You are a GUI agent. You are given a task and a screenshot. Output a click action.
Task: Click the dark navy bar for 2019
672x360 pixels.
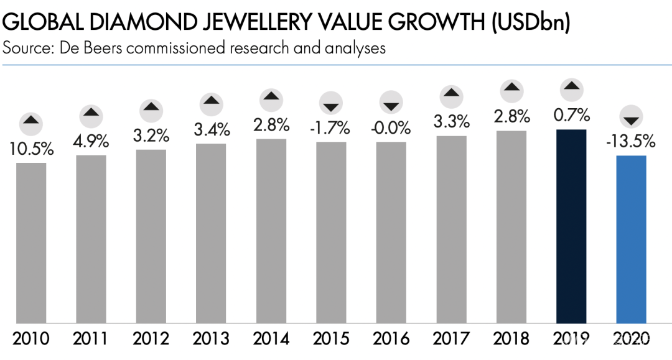[571, 226]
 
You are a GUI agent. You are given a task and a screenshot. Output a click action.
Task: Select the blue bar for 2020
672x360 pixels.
[631, 239]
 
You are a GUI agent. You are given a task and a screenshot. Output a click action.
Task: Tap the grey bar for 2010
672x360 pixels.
[31, 243]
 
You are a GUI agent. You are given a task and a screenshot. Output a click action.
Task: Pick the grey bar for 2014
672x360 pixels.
[271, 231]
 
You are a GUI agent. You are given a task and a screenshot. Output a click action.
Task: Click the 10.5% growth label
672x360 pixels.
[31, 150]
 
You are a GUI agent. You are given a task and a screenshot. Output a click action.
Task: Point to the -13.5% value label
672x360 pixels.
[631, 142]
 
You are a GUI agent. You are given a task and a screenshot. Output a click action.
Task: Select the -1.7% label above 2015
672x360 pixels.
[331, 129]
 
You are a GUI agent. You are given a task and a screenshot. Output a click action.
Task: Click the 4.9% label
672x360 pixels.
[91, 141]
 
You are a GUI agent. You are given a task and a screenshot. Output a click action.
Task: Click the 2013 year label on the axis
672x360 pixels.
[211, 339]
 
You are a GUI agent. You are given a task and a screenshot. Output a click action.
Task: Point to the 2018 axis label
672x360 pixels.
[511, 339]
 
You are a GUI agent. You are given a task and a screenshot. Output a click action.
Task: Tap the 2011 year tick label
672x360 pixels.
[91, 339]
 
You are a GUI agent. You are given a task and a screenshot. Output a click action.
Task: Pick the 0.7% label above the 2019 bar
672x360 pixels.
[571, 116]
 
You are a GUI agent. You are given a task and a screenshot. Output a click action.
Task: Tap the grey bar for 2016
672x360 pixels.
[391, 233]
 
